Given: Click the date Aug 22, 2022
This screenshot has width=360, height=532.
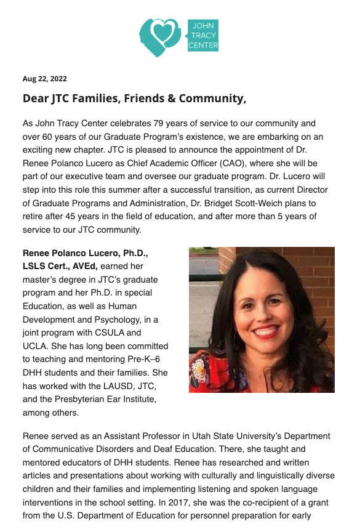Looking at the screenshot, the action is tap(45, 79).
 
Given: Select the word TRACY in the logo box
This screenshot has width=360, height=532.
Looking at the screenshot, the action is tap(203, 36).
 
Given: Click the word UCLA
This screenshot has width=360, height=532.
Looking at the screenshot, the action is tap(36, 346).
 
